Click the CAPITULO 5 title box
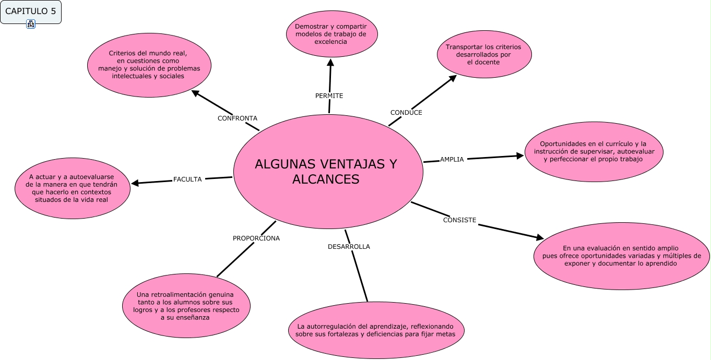(x=31, y=11)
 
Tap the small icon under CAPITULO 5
(x=31, y=24)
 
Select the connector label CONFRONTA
(x=237, y=118)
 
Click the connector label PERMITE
(x=329, y=96)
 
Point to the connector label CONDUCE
(x=406, y=113)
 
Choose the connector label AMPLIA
(x=452, y=160)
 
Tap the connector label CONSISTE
(x=459, y=220)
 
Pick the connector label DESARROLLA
(x=349, y=247)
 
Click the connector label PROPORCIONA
(x=256, y=238)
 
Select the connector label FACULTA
(x=187, y=179)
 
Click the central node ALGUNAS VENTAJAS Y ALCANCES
(x=327, y=171)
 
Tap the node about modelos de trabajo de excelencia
(x=331, y=34)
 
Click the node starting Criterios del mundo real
(x=148, y=64)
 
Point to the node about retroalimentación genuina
(x=186, y=306)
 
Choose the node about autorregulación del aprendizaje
(x=375, y=330)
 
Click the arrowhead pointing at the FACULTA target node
(x=135, y=183)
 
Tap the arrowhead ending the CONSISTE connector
(x=539, y=237)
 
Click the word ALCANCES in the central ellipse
(x=326, y=179)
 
